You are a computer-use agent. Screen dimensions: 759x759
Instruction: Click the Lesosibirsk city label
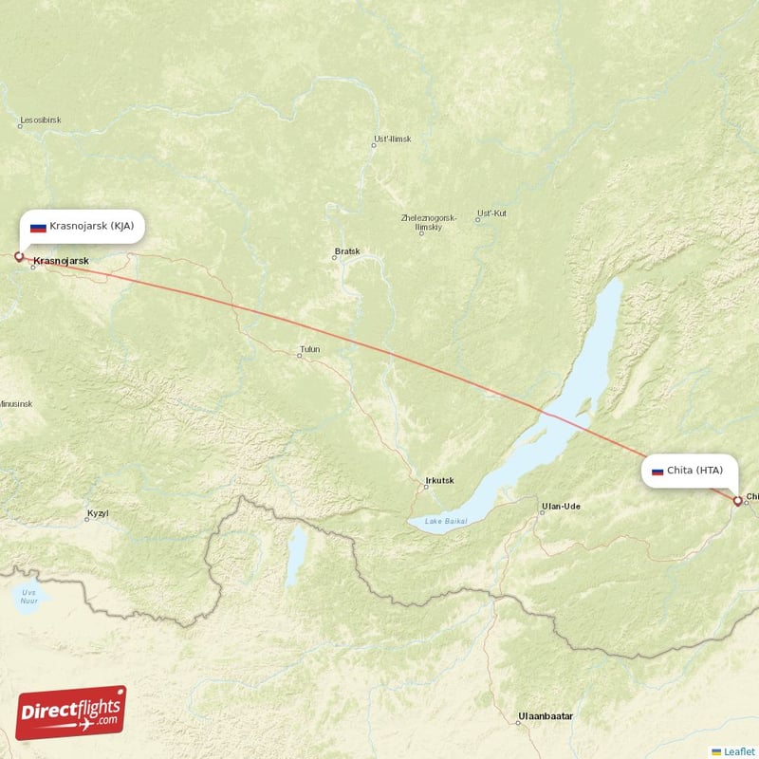(39, 121)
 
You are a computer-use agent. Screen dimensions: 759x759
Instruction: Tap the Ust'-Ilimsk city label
(393, 139)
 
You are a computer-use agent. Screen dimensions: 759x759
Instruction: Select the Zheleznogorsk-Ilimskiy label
(429, 222)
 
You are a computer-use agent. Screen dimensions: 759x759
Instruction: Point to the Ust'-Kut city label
(491, 213)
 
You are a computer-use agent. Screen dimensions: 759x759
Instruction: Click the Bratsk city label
(347, 252)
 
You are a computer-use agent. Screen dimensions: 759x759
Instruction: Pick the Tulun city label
(309, 350)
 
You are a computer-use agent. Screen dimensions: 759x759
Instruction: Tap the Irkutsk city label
(441, 481)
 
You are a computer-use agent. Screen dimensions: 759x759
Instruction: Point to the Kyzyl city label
(98, 513)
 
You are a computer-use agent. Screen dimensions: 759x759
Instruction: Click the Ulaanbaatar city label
(546, 715)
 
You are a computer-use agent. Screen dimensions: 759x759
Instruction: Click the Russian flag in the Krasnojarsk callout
(38, 228)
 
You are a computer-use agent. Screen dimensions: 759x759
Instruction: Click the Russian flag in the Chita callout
(657, 471)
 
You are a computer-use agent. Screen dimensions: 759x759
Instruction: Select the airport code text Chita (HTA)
(695, 471)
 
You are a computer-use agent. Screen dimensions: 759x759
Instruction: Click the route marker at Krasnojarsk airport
(18, 255)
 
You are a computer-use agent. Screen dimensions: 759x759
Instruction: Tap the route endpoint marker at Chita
(737, 500)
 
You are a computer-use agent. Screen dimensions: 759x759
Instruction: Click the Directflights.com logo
(71, 713)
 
